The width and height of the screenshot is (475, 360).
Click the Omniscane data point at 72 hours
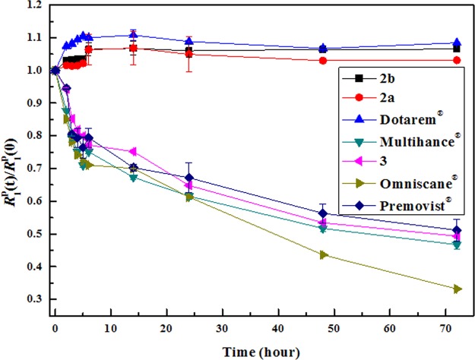(x=457, y=289)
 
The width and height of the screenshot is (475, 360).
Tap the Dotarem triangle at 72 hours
(x=457, y=43)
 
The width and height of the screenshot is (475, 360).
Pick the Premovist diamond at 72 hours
(x=457, y=230)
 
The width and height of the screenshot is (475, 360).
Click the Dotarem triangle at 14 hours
(x=133, y=35)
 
